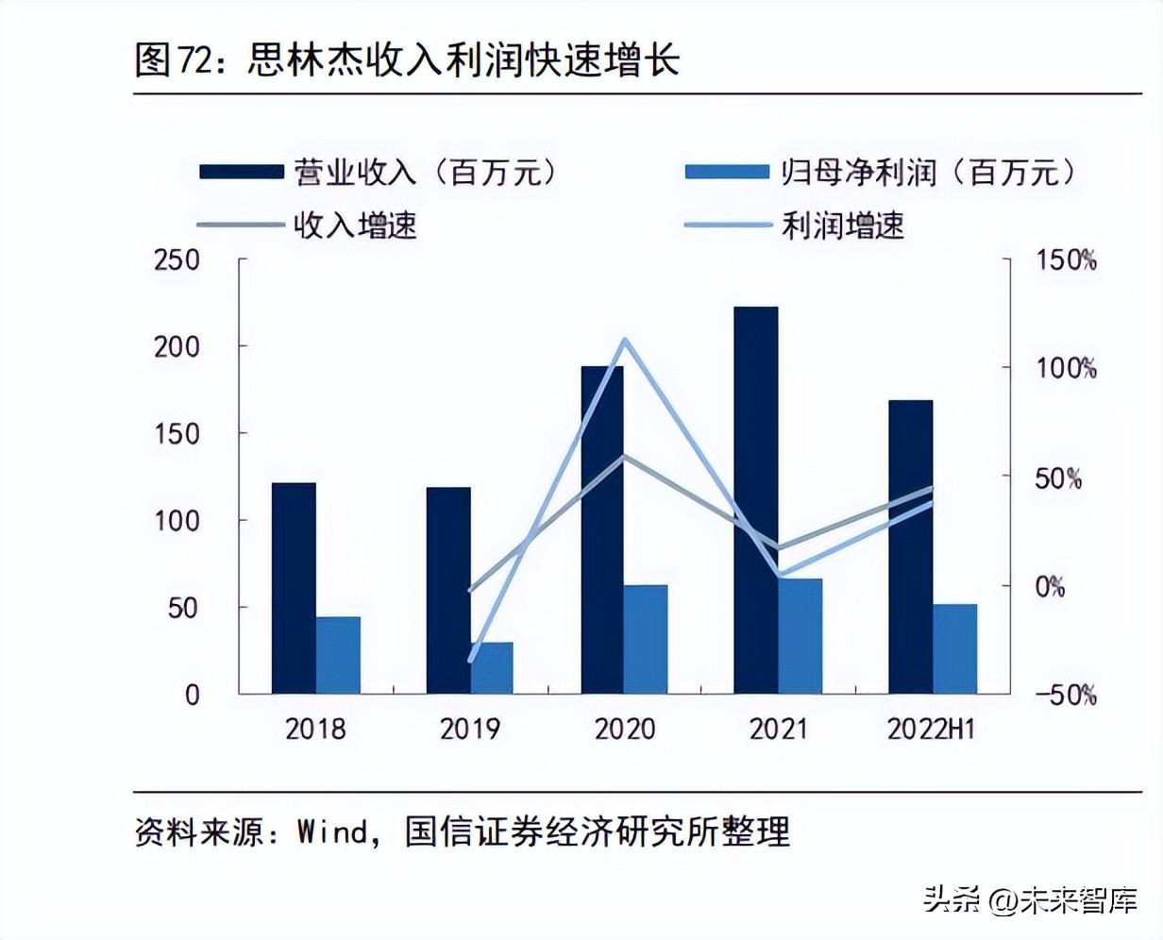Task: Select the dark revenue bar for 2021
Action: [756, 500]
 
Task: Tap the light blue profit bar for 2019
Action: [492, 668]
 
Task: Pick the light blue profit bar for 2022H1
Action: [955, 649]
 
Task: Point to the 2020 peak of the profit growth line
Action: [624, 341]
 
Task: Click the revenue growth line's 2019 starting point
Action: [470, 591]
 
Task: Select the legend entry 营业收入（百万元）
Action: [378, 172]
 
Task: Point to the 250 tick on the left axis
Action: [177, 260]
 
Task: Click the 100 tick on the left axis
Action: [177, 520]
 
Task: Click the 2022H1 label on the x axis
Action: [931, 730]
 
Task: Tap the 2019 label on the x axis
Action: [470, 730]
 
